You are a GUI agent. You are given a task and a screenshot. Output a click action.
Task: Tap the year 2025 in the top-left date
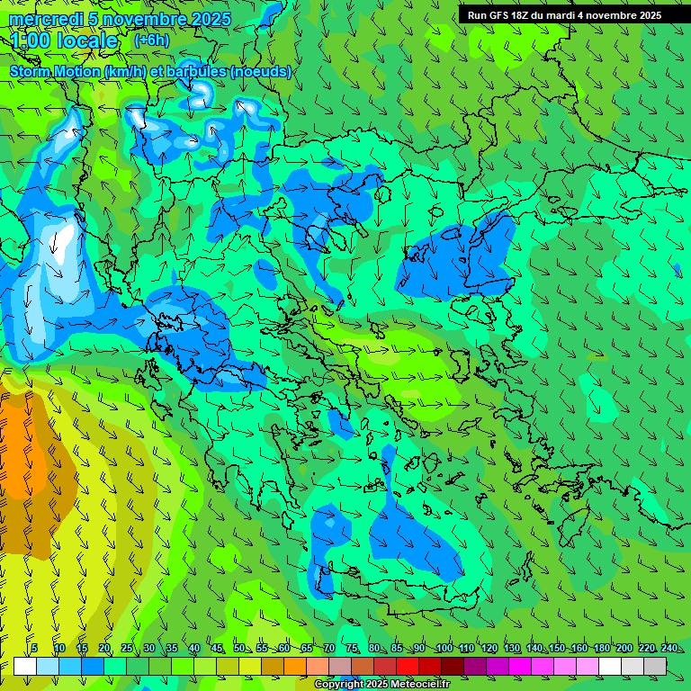(211, 19)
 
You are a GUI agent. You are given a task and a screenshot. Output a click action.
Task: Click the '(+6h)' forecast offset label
(151, 40)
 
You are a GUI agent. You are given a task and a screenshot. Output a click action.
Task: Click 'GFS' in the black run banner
(502, 15)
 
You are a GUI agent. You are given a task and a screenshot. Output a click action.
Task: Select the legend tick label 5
(34, 648)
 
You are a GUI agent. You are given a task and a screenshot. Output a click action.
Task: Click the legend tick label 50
(238, 648)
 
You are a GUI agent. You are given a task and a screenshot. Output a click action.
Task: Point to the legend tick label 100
(444, 648)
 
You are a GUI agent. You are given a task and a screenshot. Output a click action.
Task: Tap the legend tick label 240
(669, 648)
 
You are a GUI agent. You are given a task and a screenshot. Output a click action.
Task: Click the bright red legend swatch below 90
(408, 666)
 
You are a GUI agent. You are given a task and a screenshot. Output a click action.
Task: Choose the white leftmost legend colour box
(25, 666)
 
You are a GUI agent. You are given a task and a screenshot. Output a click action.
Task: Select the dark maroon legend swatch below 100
(453, 666)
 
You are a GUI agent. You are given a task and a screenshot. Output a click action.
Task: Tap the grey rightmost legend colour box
(655, 666)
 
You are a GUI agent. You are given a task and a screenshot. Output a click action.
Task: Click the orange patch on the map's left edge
(20, 450)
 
